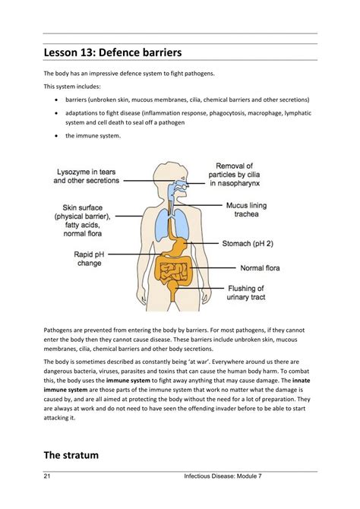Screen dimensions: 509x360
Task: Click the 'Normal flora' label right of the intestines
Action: [x=263, y=267]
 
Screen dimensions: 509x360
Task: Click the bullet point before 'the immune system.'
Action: [x=58, y=135]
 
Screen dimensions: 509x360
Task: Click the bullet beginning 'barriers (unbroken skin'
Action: [x=58, y=100]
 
